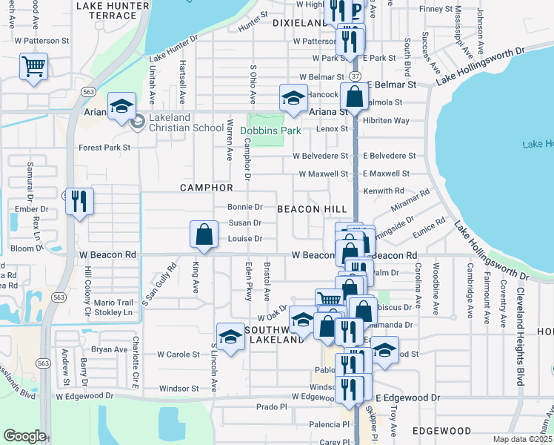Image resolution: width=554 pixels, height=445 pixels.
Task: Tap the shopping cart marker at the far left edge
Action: point(33,67)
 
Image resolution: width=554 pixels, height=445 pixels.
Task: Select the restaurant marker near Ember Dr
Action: point(79,201)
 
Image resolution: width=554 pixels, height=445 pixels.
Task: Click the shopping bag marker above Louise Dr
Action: point(204,235)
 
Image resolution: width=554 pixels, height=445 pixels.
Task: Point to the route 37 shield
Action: point(356,76)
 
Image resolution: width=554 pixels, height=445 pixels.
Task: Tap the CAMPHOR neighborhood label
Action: point(207,188)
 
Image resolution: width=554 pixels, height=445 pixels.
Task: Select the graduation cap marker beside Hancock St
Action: point(293,98)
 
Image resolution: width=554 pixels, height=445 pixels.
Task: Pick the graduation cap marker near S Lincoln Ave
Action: point(230,337)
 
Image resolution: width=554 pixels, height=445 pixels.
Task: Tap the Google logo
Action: point(24,436)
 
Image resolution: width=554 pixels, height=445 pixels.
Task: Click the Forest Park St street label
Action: point(104,148)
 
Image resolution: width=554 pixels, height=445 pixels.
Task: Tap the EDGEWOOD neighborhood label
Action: point(441,430)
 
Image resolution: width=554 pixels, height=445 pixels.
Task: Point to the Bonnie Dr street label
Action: point(245,207)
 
